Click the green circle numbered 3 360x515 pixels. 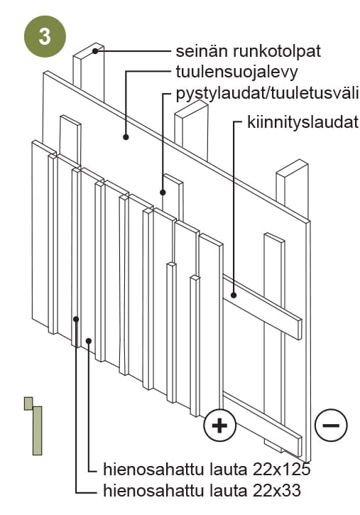pyautogui.click(x=45, y=36)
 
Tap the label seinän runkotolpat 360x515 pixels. pyautogui.click(x=248, y=51)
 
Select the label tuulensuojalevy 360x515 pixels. pyautogui.click(x=236, y=72)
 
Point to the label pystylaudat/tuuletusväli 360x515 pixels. pyautogui.click(x=267, y=94)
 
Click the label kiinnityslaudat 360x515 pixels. pyautogui.click(x=302, y=122)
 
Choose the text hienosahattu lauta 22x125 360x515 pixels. pyautogui.click(x=207, y=470)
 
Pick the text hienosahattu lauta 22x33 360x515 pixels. pyautogui.click(x=202, y=491)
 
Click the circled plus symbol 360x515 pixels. pyautogui.click(x=219, y=425)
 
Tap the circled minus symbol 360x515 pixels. pyautogui.click(x=331, y=425)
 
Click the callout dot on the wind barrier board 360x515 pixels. pyautogui.click(x=126, y=137)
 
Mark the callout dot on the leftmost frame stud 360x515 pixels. pyautogui.click(x=95, y=51)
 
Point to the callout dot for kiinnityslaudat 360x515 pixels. pyautogui.click(x=234, y=295)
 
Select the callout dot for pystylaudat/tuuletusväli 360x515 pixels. pyautogui.click(x=163, y=193)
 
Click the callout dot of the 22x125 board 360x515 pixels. pyautogui.click(x=89, y=341)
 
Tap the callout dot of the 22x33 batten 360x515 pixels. pyautogui.click(x=76, y=319)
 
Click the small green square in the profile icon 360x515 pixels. pyautogui.click(x=28, y=403)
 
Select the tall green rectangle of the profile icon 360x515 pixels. pyautogui.click(x=38, y=430)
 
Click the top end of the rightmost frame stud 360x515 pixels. pyautogui.click(x=292, y=168)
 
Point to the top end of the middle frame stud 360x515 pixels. pyautogui.click(x=191, y=108)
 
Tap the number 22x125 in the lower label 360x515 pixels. pyautogui.click(x=282, y=470)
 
